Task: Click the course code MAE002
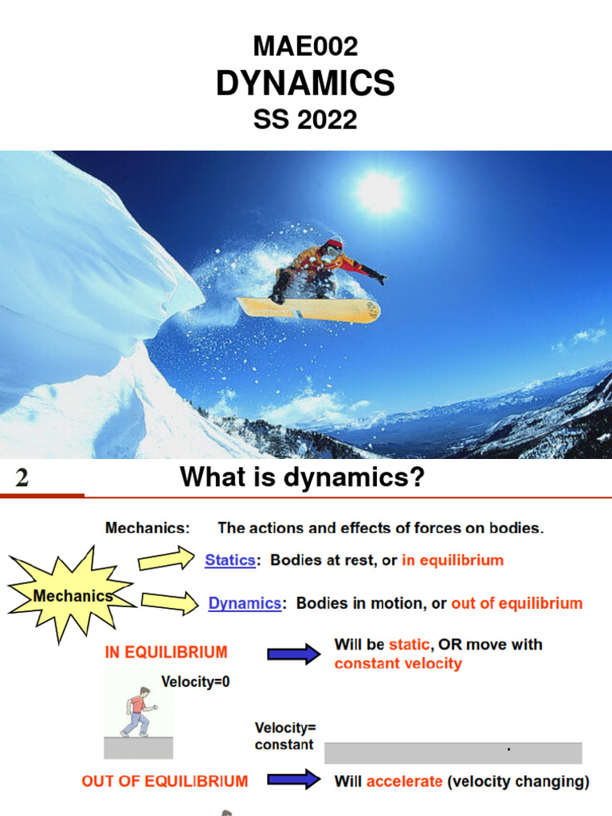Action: (x=305, y=47)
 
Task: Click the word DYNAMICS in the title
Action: (x=305, y=84)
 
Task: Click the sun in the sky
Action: (x=379, y=191)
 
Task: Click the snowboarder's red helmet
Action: (x=334, y=244)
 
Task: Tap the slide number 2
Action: (x=22, y=478)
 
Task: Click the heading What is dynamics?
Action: (x=302, y=478)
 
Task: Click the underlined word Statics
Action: (x=229, y=560)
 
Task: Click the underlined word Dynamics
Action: (x=245, y=603)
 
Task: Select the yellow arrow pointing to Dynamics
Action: (x=168, y=603)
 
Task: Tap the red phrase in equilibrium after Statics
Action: (x=453, y=560)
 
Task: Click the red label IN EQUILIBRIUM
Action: (x=167, y=652)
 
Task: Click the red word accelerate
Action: (x=404, y=781)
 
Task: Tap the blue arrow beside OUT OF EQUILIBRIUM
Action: (x=292, y=781)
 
